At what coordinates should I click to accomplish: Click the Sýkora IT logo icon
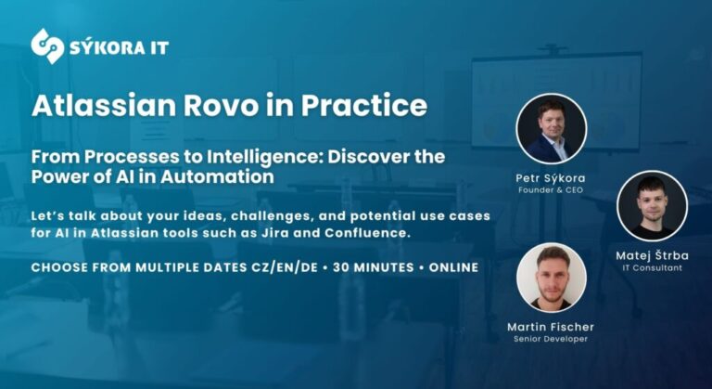point(47,45)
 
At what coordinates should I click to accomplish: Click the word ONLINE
point(453,267)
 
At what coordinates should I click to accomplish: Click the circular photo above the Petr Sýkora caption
point(551,128)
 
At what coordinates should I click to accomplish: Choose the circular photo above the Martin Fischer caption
point(551,278)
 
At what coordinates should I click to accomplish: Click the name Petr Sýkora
point(551,177)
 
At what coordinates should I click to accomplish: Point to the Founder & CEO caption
point(551,190)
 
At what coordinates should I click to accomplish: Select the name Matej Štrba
point(652,254)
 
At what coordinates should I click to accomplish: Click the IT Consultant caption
point(652,267)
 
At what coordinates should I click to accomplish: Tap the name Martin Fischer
point(551,327)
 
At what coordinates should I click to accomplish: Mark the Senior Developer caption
point(551,340)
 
